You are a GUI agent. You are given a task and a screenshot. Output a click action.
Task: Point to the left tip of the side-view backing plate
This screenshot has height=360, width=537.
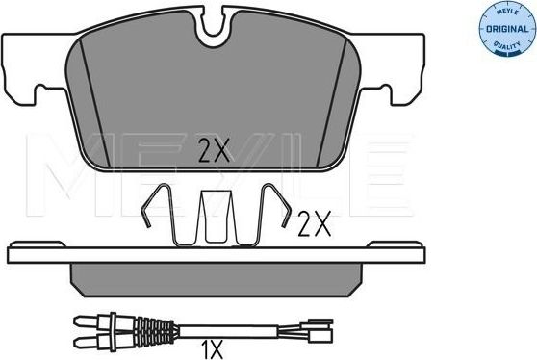[x=12, y=255]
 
